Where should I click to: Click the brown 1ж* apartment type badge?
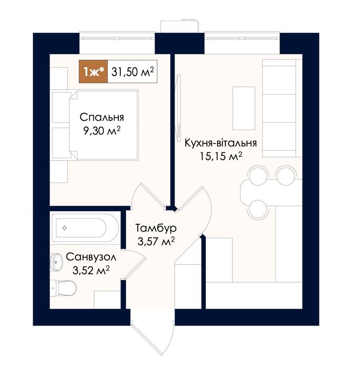[93, 71]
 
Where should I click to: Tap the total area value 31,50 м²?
[132, 72]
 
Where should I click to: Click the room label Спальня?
[102, 117]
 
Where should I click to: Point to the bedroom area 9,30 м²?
[102, 130]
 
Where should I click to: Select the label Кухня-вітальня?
[221, 143]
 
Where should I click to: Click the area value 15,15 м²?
[221, 156]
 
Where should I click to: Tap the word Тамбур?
[156, 228]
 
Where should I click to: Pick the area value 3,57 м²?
[156, 241]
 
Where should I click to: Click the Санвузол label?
[91, 257]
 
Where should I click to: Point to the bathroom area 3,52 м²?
[91, 270]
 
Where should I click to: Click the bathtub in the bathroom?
[85, 228]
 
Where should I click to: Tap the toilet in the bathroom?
[63, 288]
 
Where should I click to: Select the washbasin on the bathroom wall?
[56, 262]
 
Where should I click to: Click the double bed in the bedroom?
[103, 125]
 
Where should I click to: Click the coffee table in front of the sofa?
[244, 108]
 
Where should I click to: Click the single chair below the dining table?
[258, 209]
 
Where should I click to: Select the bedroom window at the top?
[117, 38]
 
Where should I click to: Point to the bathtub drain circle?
[64, 228]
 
